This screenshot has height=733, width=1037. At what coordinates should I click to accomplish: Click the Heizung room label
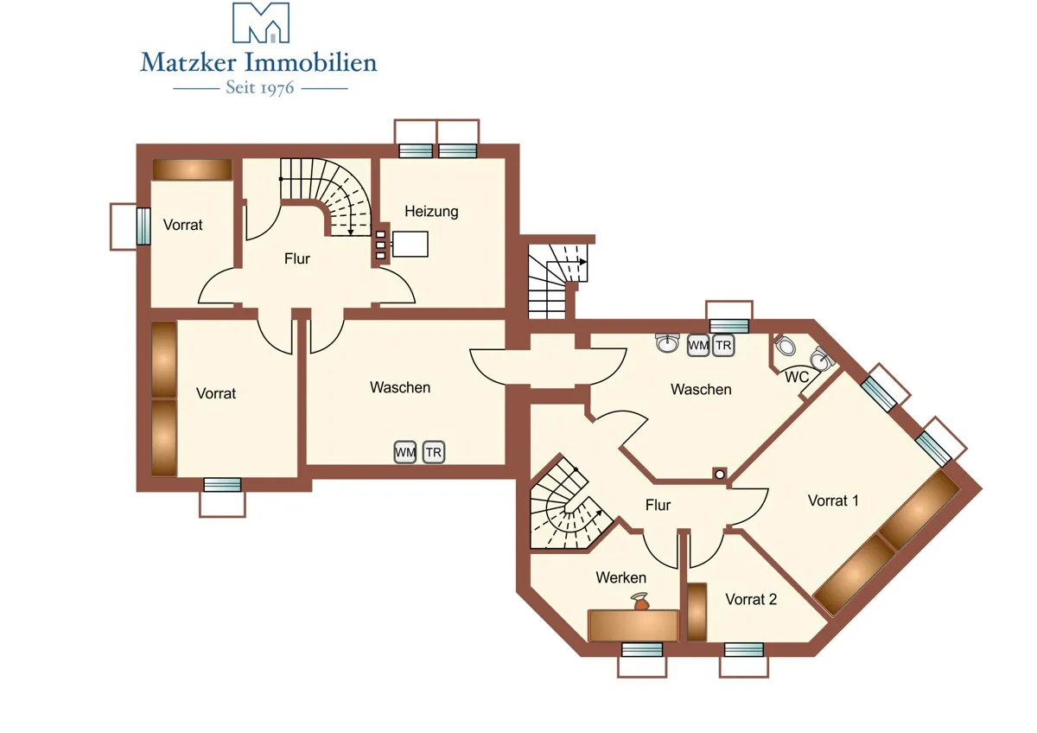(431, 212)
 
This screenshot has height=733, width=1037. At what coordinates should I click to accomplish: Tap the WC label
(796, 378)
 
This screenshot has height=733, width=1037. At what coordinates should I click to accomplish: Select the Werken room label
(620, 577)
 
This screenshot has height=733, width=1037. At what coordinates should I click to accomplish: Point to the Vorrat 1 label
(833, 500)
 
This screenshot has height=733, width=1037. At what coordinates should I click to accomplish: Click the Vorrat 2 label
(751, 599)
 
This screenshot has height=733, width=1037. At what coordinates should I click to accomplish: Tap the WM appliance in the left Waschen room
(405, 452)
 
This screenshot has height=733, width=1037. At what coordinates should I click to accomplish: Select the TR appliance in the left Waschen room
(434, 452)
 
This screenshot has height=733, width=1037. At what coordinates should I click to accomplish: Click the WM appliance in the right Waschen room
(698, 346)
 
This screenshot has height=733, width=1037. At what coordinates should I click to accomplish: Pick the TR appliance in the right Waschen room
(723, 346)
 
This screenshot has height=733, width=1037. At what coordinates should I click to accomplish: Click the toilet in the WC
(785, 346)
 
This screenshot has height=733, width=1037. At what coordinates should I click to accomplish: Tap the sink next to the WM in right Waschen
(667, 342)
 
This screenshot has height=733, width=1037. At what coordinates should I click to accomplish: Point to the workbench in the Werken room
(633, 626)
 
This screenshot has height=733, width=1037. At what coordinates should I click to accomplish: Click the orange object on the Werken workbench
(640, 602)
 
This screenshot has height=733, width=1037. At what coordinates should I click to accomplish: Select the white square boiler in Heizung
(410, 244)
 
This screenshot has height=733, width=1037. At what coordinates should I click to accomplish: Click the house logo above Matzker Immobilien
(261, 22)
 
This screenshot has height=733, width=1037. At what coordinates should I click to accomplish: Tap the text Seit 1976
(260, 88)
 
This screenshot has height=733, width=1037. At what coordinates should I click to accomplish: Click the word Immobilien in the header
(310, 63)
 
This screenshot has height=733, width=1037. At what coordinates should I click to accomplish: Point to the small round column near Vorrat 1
(719, 475)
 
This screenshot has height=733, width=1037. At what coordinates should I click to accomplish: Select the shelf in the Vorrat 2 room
(697, 612)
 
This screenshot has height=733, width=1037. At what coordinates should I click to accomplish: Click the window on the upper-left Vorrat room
(143, 226)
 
